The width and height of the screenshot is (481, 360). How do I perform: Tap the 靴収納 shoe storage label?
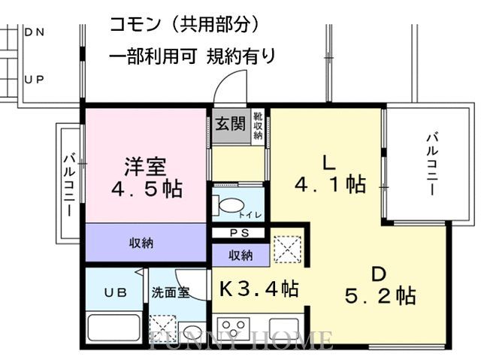258,126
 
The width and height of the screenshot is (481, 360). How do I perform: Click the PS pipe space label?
238,233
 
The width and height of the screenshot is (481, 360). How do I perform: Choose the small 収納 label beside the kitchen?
240,256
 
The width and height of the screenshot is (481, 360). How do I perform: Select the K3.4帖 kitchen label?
259,288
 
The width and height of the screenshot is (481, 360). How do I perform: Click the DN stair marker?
34,32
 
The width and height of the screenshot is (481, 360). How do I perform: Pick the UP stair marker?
34,78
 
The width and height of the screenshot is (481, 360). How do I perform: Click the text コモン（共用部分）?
185,24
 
